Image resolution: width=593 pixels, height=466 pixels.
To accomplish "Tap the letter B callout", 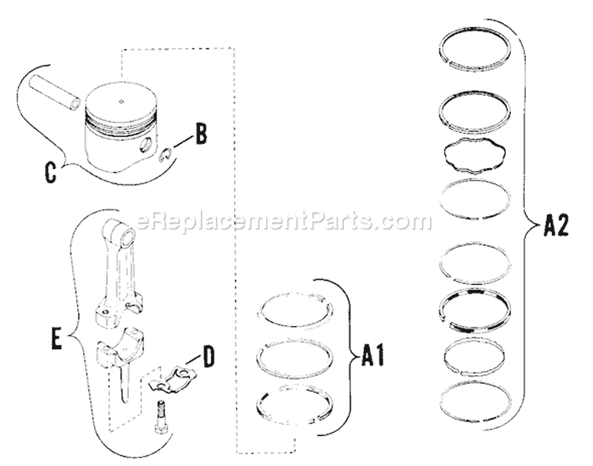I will point(201,134).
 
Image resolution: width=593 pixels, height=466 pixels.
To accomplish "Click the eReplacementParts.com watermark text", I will point(284,222).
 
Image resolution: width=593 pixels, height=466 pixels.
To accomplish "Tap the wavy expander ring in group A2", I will point(474,153).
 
